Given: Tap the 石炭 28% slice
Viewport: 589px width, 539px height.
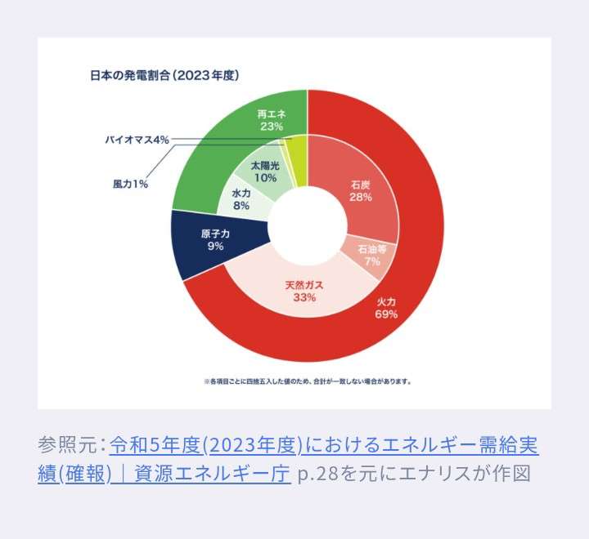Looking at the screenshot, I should (x=360, y=191).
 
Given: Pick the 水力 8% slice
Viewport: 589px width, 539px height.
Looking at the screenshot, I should (x=241, y=200).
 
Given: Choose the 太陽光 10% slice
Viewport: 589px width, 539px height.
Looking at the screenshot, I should (x=263, y=171).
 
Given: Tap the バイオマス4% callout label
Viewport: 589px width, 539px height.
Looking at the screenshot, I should (x=137, y=140).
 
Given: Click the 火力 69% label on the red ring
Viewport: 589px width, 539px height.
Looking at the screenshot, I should (x=386, y=308).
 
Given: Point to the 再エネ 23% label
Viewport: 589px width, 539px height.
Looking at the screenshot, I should (x=270, y=120).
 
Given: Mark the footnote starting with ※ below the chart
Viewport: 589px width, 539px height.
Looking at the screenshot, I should (x=307, y=381).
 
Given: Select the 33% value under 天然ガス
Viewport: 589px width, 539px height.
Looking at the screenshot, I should (x=304, y=298).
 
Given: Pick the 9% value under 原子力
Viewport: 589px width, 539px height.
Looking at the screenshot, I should (x=216, y=246).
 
